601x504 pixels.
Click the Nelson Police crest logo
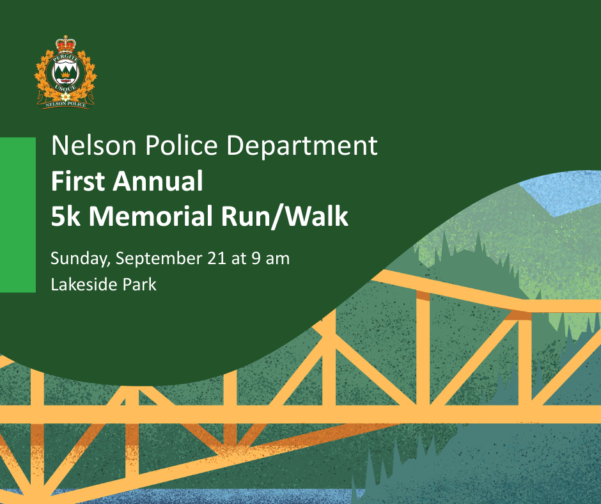pyautogui.click(x=66, y=72)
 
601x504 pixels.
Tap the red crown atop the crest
pyautogui.click(x=66, y=43)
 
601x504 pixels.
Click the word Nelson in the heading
pyautogui.click(x=94, y=145)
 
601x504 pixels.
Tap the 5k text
pyautogui.click(x=66, y=216)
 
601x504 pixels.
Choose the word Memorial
pyautogui.click(x=151, y=216)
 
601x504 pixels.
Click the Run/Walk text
pyautogui.click(x=285, y=216)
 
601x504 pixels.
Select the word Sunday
pyautogui.click(x=81, y=259)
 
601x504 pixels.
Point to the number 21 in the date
pyautogui.click(x=217, y=258)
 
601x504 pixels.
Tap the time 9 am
pyautogui.click(x=270, y=258)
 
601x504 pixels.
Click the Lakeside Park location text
pyautogui.click(x=104, y=285)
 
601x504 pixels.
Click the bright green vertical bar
pyautogui.click(x=18, y=215)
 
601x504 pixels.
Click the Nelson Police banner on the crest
pyautogui.click(x=66, y=104)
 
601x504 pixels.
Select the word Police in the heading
pyautogui.click(x=182, y=145)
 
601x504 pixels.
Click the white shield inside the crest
pyautogui.click(x=66, y=73)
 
